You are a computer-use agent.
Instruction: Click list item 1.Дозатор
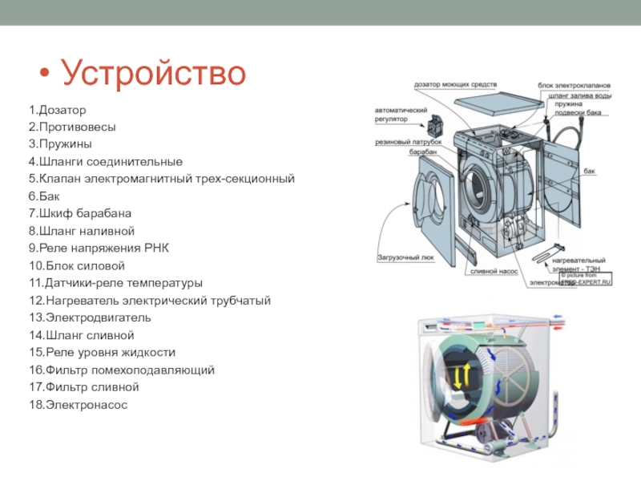coord(57,109)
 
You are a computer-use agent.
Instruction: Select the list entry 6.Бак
coord(44,196)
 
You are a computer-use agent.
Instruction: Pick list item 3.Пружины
coord(60,143)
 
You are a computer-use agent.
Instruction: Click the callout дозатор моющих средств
coord(455,85)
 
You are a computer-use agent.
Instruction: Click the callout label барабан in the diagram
coord(422,152)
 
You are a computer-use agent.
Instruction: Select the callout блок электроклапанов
coord(574,85)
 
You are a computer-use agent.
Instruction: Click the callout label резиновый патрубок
coord(409,142)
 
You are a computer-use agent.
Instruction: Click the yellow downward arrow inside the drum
coord(459,378)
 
